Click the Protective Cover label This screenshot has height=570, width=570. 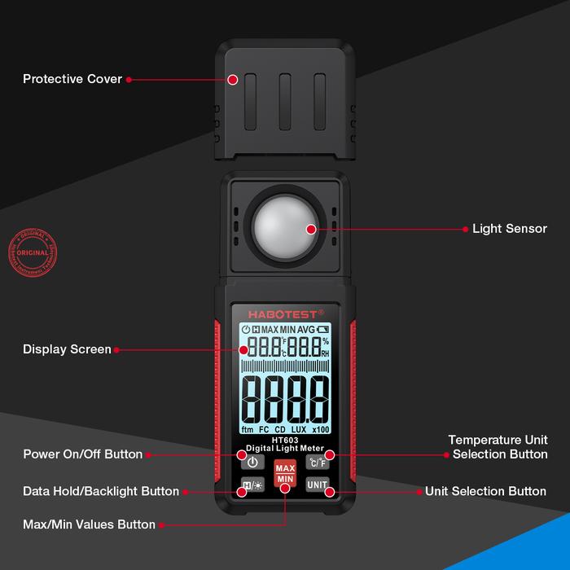[x=72, y=79]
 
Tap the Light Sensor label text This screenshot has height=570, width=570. [x=510, y=229]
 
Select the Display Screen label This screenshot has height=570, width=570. [x=67, y=349]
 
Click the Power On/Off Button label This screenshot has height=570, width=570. [x=82, y=454]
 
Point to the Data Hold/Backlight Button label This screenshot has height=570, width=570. [x=101, y=491]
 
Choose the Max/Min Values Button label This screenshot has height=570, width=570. [x=89, y=525]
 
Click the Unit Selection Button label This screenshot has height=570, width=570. [x=485, y=491]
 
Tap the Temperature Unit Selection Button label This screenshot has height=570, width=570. [x=498, y=447]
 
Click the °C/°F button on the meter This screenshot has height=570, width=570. [x=316, y=462]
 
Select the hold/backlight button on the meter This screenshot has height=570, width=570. [x=252, y=486]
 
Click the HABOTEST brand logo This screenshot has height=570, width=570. [x=284, y=313]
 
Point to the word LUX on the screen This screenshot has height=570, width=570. [x=300, y=429]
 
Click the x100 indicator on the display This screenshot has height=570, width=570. [x=321, y=429]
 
